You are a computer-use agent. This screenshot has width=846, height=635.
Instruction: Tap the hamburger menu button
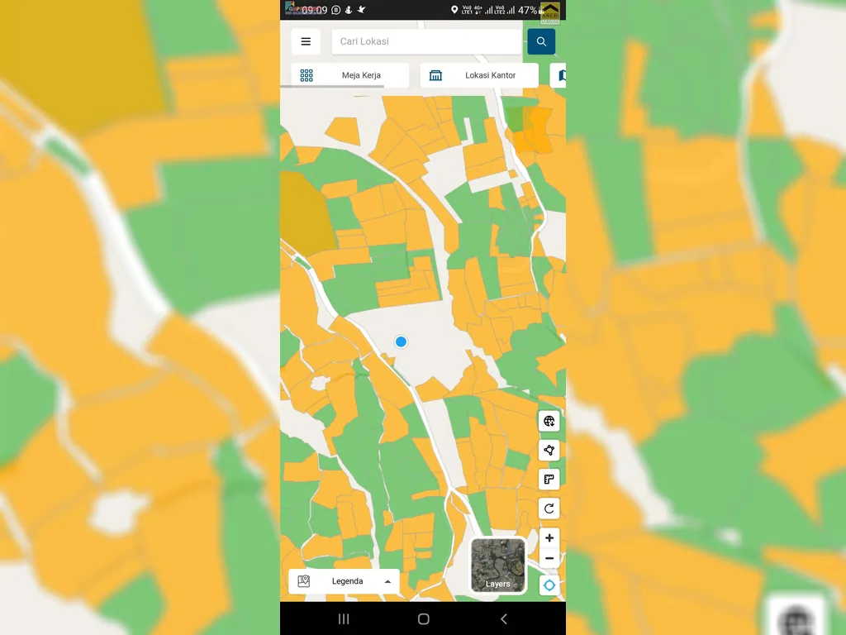click(306, 41)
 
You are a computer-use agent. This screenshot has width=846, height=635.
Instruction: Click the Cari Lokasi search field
click(426, 41)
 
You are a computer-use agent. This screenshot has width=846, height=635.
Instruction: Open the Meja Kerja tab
click(350, 75)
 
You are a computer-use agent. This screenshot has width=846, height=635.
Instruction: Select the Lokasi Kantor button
click(479, 75)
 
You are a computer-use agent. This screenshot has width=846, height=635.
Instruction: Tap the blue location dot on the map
click(401, 341)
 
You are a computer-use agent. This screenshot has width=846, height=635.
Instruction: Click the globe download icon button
click(549, 422)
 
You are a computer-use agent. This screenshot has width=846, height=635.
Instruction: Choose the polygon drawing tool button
click(549, 451)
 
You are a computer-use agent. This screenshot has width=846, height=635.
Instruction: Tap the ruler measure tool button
click(549, 480)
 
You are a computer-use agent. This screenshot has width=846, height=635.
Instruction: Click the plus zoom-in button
click(549, 538)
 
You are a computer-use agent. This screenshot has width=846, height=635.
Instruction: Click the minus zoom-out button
click(549, 559)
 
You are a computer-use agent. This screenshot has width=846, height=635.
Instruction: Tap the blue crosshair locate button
click(549, 585)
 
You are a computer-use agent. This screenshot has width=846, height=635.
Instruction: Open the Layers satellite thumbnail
click(498, 566)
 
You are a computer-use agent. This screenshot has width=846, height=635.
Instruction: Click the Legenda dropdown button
click(344, 581)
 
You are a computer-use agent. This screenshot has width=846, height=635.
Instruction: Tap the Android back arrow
click(504, 618)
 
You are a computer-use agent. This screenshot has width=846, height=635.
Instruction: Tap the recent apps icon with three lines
click(344, 618)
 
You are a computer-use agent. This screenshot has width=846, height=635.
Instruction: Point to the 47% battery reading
click(527, 10)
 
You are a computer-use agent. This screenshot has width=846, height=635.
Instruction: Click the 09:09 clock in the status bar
click(314, 10)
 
